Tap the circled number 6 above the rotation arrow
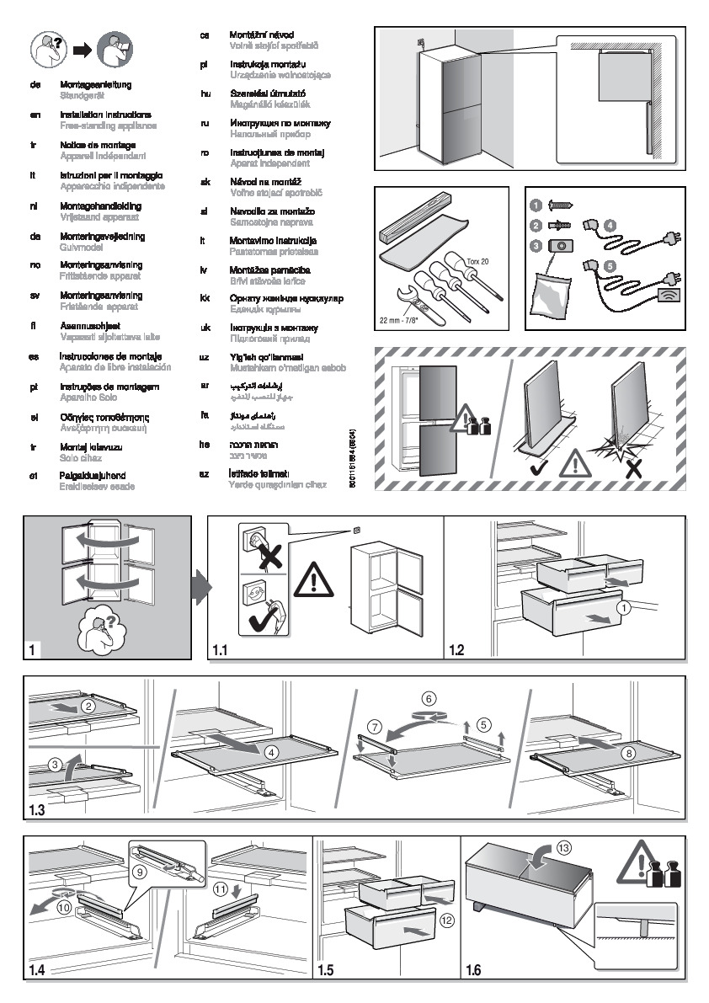point(429,698)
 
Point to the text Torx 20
point(478,263)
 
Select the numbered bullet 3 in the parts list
point(536,246)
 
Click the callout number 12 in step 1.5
point(446,920)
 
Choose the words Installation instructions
point(105,115)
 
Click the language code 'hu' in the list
point(205,93)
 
